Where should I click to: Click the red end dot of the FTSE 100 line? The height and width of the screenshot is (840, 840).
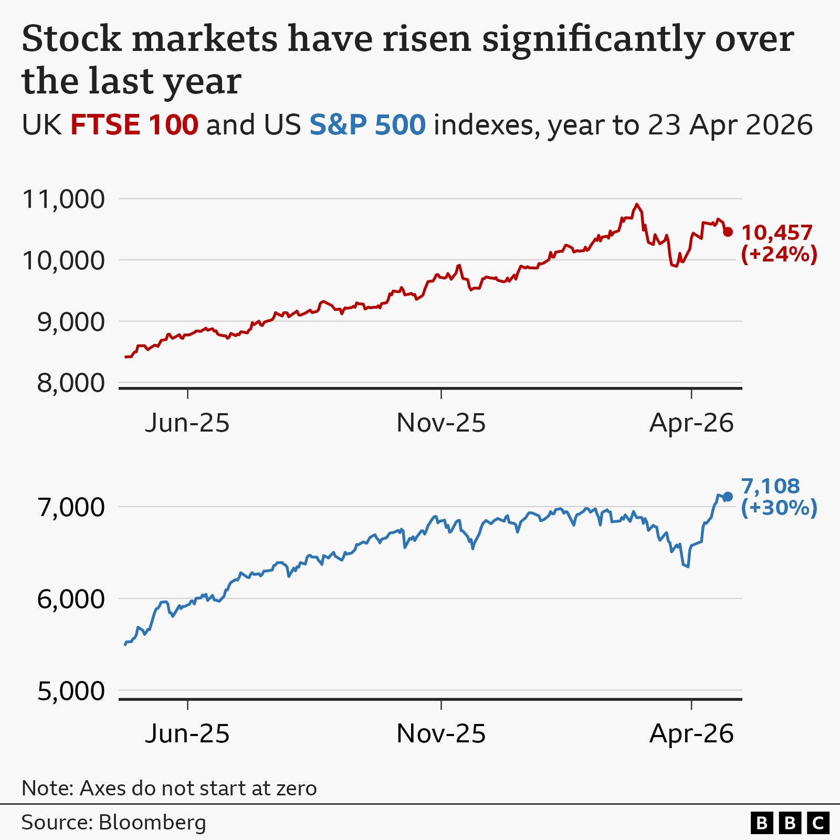pos(728,232)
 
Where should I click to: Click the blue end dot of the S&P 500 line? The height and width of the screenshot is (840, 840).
pos(728,497)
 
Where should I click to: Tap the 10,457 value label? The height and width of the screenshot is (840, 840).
pos(777,233)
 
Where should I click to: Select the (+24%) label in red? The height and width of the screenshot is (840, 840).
pos(779,254)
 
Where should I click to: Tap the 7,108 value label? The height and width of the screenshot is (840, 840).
pos(770,486)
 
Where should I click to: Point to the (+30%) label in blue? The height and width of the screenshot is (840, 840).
pos(779,508)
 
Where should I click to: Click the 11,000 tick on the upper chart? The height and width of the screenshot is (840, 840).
pos(64,199)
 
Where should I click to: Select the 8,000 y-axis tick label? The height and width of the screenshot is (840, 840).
pos(71,383)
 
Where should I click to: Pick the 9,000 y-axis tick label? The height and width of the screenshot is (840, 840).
pos(71,322)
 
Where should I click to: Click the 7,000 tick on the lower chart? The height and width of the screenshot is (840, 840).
pos(71,508)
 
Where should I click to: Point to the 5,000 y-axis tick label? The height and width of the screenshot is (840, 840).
pos(71,691)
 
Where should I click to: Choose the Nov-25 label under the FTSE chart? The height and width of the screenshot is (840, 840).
pos(441,423)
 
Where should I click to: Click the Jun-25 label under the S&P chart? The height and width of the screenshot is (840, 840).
pos(187,733)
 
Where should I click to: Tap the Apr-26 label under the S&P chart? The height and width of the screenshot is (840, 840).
pos(691,733)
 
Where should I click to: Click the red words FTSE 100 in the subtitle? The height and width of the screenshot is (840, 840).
pos(134,125)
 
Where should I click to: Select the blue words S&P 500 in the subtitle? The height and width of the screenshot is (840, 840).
pos(367,125)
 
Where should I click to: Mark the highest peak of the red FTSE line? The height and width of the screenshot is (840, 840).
pos(637,205)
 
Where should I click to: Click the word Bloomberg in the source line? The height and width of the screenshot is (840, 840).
pos(152,823)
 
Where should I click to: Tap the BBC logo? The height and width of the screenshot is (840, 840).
pos(790,823)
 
